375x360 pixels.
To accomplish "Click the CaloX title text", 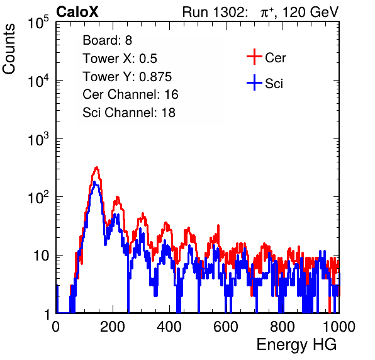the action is pyautogui.click(x=77, y=12).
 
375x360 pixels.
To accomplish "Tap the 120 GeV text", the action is pyautogui.click(x=310, y=12).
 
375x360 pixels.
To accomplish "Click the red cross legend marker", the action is pyautogui.click(x=254, y=57).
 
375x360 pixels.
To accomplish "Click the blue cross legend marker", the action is pyautogui.click(x=254, y=82).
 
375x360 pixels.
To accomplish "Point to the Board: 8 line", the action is pyautogui.click(x=108, y=40).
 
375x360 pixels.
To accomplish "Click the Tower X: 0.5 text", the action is pyautogui.click(x=120, y=59).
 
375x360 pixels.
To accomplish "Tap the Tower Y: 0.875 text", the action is pyautogui.click(x=127, y=77).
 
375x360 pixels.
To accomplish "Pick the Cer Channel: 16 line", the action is pyautogui.click(x=130, y=94).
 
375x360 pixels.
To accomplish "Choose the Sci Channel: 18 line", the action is pyautogui.click(x=129, y=113).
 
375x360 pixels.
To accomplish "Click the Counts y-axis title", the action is pyautogui.click(x=9, y=49).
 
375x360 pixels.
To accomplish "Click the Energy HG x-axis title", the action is pyautogui.click(x=296, y=345).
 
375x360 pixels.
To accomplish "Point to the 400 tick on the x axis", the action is pyautogui.click(x=169, y=327).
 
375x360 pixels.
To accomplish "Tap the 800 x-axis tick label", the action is pyautogui.click(x=283, y=327).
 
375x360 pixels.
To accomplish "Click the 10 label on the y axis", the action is pyautogui.click(x=42, y=256).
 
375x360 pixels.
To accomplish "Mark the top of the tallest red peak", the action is pyautogui.click(x=96, y=167).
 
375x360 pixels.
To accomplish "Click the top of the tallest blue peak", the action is pyautogui.click(x=95, y=182).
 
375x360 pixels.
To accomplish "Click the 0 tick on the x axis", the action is pyautogui.click(x=56, y=327).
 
